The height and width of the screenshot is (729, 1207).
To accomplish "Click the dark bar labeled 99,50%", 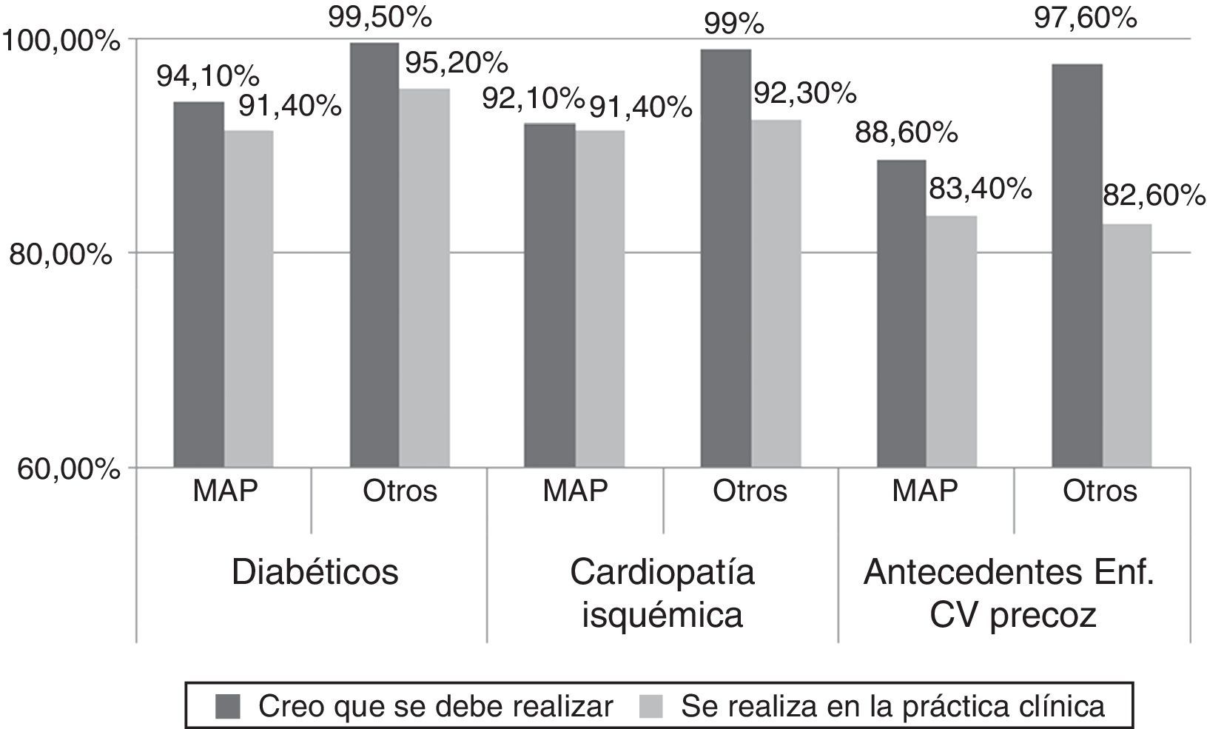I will (374, 255).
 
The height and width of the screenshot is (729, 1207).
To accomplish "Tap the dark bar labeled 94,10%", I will (198, 285).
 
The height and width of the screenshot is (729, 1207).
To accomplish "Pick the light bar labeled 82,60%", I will (1126, 346).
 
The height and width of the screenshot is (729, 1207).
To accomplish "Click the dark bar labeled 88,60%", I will (901, 313).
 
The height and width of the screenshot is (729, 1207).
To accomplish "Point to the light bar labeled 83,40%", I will (951, 341).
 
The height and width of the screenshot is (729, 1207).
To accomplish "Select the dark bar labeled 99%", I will (725, 258).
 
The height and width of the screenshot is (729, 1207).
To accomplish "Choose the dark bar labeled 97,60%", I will (1077, 266).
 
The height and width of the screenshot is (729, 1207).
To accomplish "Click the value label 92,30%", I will (804, 94).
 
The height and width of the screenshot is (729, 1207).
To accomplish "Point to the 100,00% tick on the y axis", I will (61, 40).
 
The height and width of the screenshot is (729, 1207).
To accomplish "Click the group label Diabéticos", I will (315, 572).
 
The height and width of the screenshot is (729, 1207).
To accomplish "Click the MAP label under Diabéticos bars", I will (225, 491).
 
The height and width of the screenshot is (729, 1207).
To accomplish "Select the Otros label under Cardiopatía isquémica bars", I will (750, 491).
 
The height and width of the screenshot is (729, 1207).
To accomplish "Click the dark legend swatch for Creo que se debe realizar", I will (228, 707).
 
